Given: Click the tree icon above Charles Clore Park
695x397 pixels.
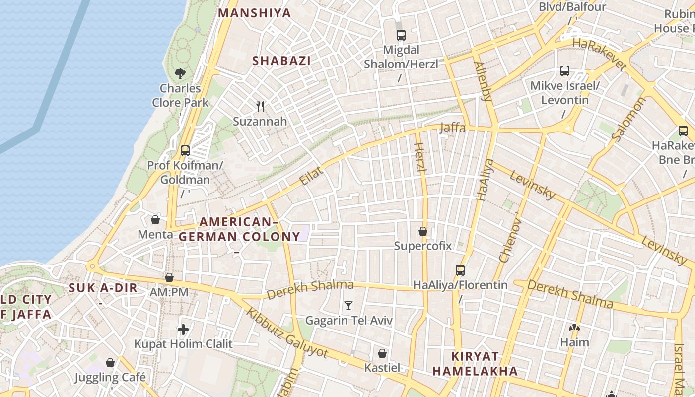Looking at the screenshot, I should click(180, 74).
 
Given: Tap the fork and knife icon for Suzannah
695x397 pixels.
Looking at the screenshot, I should click(260, 106).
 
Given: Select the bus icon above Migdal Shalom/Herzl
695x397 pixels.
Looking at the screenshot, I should click(401, 35).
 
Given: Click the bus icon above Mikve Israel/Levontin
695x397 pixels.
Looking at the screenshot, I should click(565, 71).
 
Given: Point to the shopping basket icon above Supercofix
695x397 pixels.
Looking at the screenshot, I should click(423, 231).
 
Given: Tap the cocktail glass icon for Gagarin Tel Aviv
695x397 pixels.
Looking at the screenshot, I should click(348, 306).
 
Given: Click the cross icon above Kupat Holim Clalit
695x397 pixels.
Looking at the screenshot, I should click(183, 329).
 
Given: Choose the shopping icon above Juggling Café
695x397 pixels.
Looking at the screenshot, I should click(110, 363).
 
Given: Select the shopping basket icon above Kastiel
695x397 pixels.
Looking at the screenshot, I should click(382, 353).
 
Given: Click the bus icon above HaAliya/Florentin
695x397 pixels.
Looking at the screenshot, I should click(460, 270).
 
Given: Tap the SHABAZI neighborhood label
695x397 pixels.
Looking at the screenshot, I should click(281, 61).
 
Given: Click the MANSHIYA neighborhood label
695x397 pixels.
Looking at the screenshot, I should click(255, 13).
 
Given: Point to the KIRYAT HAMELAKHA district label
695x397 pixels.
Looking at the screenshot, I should click(475, 363).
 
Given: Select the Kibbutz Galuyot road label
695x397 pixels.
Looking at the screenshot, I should click(287, 333).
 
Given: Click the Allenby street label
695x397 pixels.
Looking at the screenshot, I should click(483, 81).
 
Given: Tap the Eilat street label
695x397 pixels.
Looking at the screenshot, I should click(311, 177).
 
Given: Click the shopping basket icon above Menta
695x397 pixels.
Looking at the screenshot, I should click(155, 220).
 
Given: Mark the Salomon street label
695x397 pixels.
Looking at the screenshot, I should click(629, 120).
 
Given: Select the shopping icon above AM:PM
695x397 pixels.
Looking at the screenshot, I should click(169, 277).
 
